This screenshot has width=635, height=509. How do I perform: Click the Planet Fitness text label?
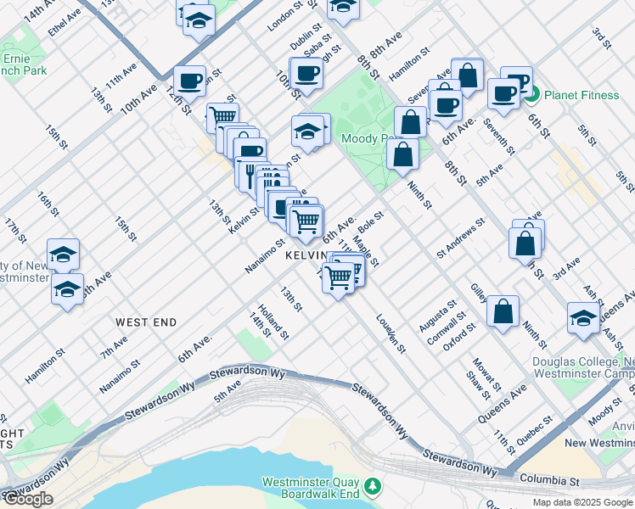pos(582,95)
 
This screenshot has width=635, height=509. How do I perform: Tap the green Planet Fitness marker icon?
pos(532,95)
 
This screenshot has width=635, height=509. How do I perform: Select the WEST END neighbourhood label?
pos(146,322)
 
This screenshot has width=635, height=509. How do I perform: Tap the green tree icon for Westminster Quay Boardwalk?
pos(372,486)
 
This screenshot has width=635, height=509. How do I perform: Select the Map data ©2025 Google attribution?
pos(582,502)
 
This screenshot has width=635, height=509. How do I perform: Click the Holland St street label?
pos(273,322)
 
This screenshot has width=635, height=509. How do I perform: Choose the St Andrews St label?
pos(460,237)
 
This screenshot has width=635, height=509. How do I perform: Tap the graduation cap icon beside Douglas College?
pos(584,317)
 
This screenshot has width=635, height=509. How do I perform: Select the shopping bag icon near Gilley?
pos(503,310)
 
